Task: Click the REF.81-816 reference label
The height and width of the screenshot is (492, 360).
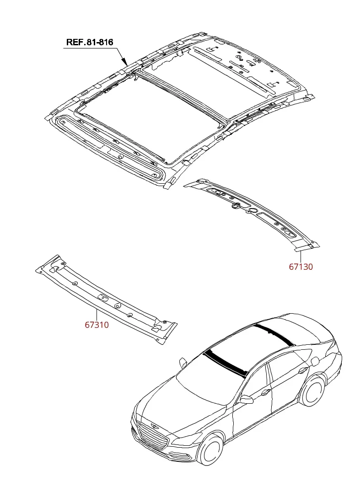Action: tap(90, 42)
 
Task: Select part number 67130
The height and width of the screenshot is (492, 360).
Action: tap(301, 267)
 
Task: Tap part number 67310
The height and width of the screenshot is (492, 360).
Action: tap(97, 325)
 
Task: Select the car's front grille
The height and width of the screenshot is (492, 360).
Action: tap(152, 437)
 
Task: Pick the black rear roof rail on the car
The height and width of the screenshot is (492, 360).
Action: tap(273, 334)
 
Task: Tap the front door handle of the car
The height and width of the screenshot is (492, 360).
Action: tap(265, 391)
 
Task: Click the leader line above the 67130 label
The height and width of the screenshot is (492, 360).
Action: tap(301, 256)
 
